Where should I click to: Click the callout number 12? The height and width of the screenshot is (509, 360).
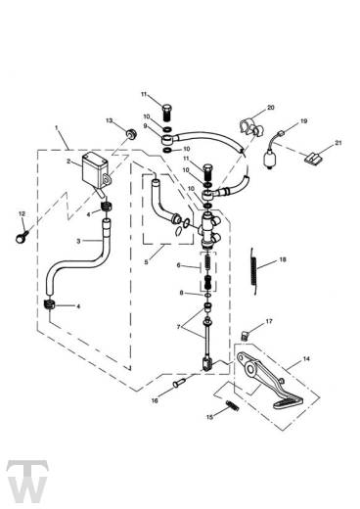(22, 214)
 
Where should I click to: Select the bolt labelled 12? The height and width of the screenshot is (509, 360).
(22, 237)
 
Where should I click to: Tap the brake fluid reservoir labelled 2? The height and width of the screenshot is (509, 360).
(95, 171)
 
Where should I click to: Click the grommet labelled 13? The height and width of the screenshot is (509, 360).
(131, 133)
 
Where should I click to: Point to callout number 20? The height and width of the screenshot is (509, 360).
(271, 108)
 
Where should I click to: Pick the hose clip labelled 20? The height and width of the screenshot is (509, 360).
(250, 128)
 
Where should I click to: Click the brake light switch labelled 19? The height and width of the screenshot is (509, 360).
(272, 150)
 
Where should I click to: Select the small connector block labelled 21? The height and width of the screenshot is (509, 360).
(313, 159)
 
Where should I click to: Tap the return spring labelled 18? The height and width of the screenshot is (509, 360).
(254, 271)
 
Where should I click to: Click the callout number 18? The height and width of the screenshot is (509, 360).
(283, 259)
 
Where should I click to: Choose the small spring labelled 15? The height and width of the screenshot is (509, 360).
(232, 405)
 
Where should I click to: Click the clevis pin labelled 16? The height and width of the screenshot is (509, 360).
(179, 383)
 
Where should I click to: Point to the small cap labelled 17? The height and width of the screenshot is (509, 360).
(246, 335)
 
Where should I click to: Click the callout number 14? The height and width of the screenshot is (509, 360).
(306, 359)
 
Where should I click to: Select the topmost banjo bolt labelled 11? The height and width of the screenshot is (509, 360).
(167, 112)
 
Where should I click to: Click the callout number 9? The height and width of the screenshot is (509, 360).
(145, 126)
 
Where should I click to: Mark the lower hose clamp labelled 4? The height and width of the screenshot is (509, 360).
(49, 305)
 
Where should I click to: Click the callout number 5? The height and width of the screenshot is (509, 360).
(146, 262)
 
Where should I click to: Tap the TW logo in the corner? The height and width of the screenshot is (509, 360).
(27, 482)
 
